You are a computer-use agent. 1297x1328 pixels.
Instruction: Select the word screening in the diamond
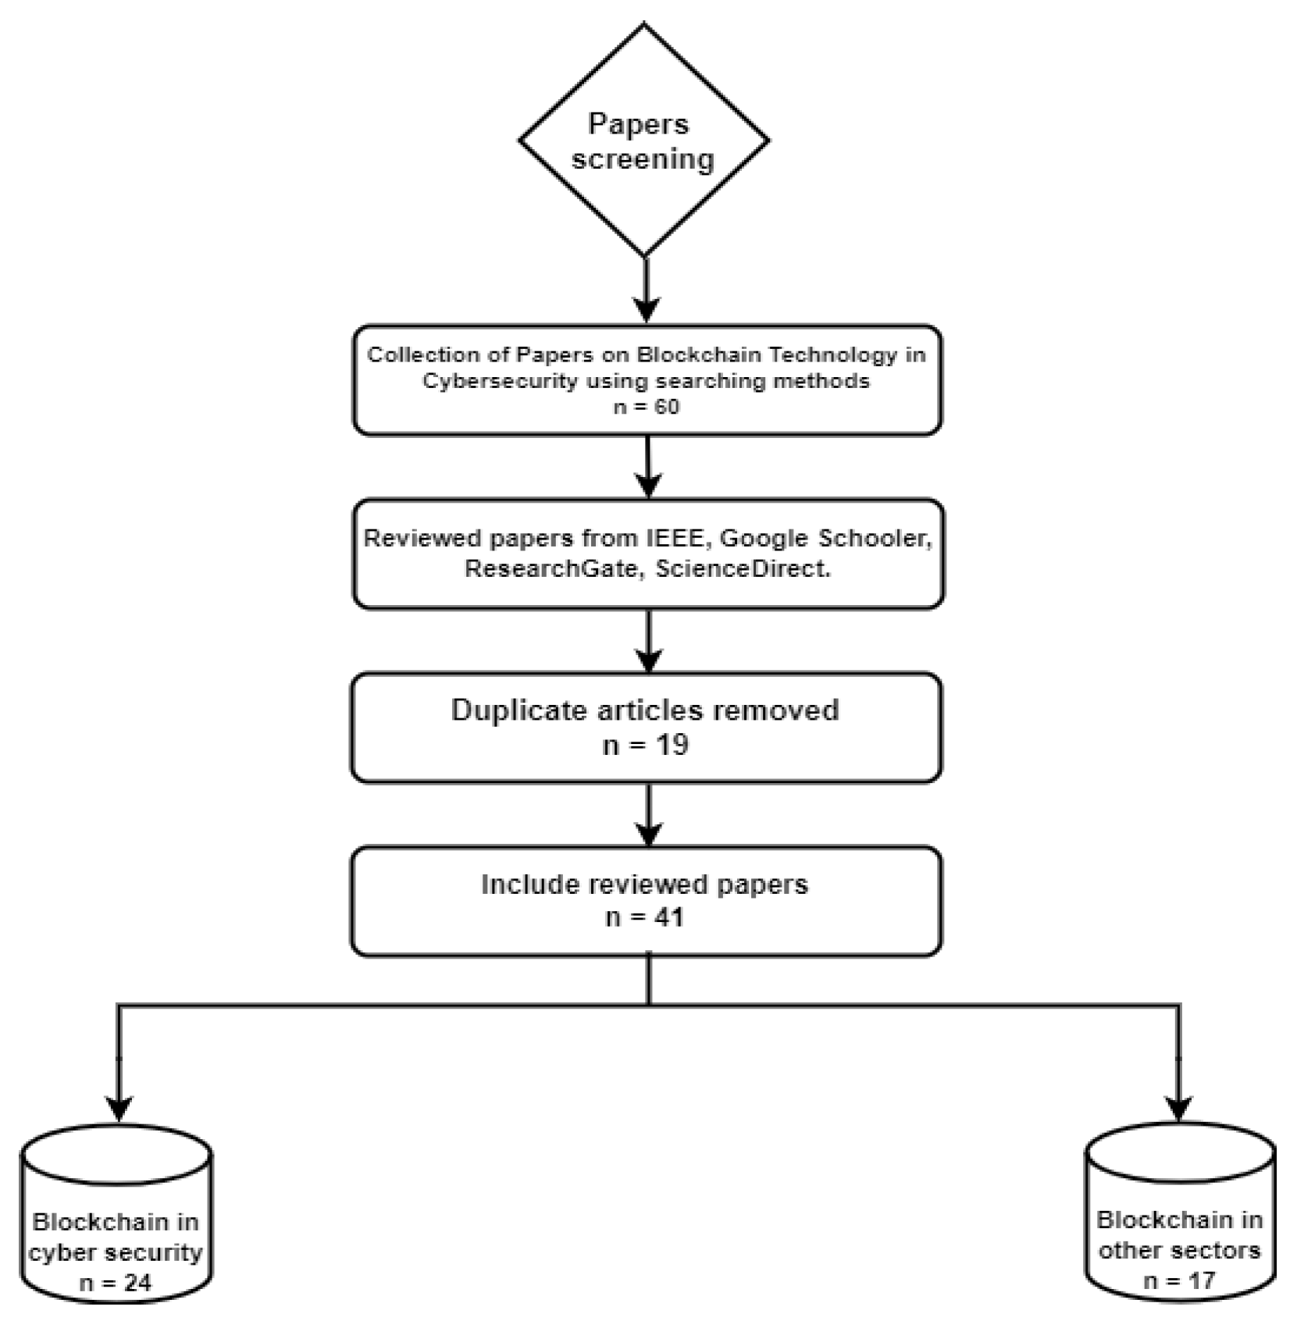point(643,159)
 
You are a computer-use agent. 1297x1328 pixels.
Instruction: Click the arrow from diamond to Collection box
point(646,289)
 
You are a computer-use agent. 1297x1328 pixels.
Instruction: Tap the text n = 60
point(646,407)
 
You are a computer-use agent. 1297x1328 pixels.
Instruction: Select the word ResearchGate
point(551,568)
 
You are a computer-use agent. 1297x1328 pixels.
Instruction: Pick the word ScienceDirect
point(741,568)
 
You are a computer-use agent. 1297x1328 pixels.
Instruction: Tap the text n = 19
point(646,745)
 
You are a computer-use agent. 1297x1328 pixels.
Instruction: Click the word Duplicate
point(518,710)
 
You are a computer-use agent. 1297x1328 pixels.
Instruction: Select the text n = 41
point(645,917)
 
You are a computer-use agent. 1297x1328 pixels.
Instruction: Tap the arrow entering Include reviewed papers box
point(648,816)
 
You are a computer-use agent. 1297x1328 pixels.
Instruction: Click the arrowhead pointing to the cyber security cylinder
point(119,1107)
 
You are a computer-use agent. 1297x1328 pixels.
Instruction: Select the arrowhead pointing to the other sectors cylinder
point(1178,1105)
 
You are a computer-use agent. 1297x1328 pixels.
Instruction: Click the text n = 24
point(116,1283)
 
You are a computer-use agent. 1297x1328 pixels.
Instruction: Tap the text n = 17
point(1179,1280)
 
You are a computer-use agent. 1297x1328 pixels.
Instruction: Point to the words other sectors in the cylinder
point(1179,1250)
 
